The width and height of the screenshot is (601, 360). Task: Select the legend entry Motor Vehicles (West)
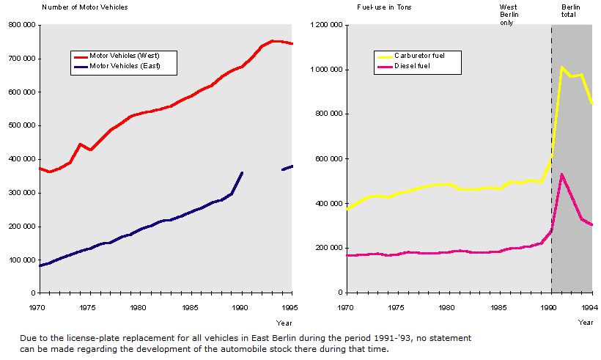pos(124,56)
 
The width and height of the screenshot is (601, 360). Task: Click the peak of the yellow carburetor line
pos(561,67)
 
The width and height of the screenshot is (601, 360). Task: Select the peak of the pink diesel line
pos(561,175)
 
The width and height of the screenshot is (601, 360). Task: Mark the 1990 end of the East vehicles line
pos(242,173)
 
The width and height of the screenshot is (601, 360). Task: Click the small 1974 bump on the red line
pos(80,144)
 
